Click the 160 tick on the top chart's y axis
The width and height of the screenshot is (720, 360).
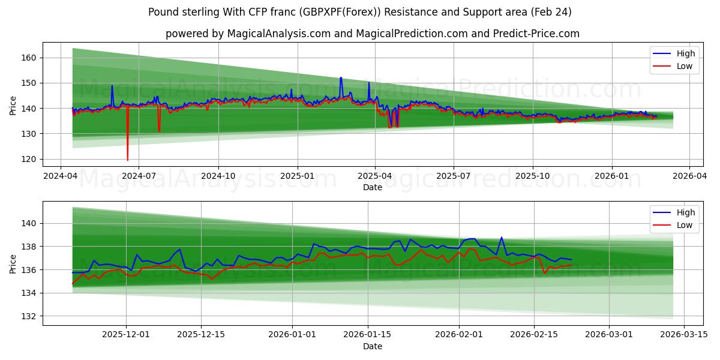[x=29, y=58]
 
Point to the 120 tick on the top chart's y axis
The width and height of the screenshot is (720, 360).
[x=29, y=159]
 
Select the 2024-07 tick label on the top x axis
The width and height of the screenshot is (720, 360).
[x=139, y=176]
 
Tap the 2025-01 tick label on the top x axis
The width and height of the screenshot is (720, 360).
[x=298, y=176]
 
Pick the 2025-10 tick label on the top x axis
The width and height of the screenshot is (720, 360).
[x=533, y=176]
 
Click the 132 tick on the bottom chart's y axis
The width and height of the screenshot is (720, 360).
[x=29, y=316]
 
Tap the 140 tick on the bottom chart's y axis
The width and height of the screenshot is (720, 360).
[x=29, y=223]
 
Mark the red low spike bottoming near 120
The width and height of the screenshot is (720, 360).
[x=127, y=160]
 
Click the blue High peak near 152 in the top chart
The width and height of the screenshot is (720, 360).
[x=341, y=77]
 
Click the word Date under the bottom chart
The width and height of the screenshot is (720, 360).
[x=372, y=346]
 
